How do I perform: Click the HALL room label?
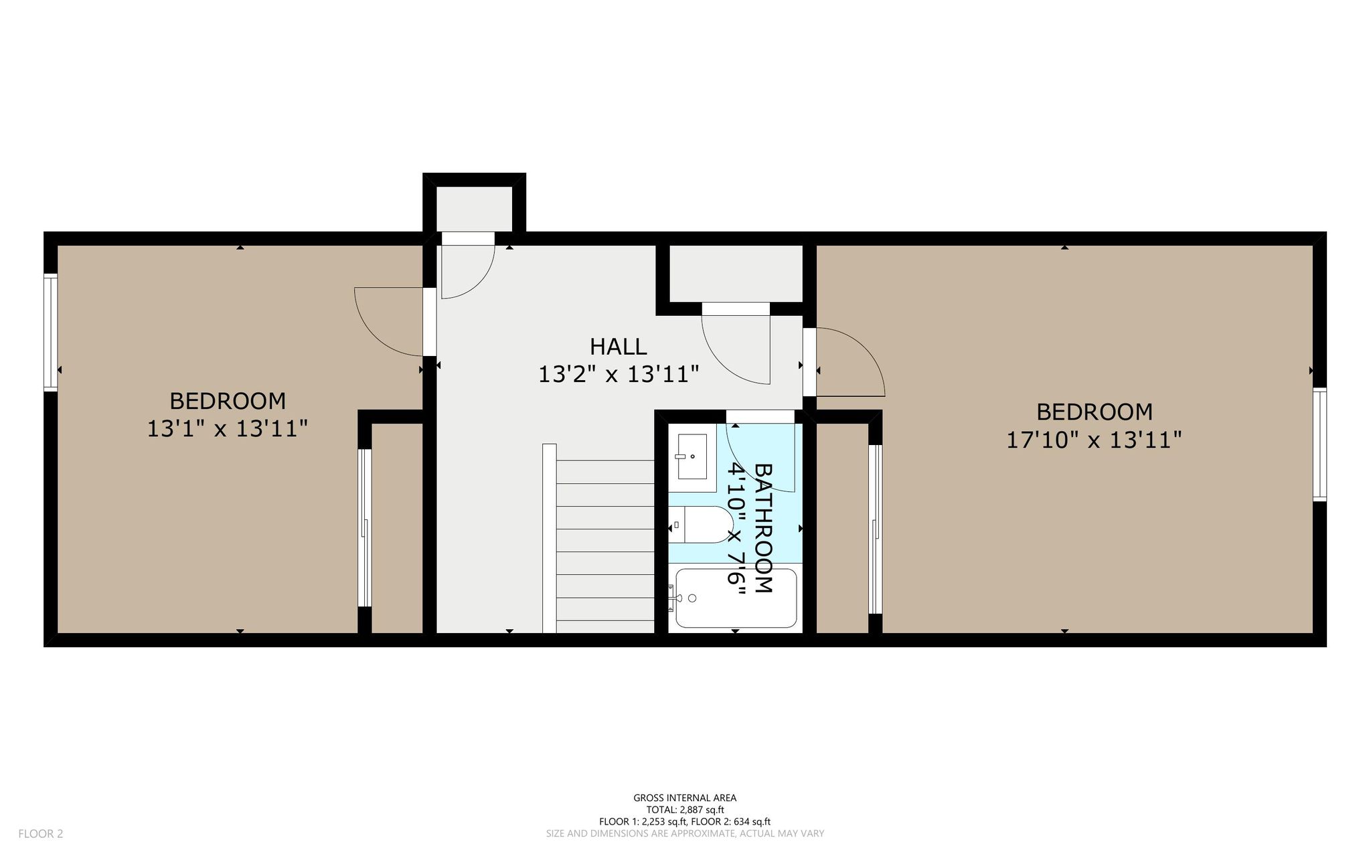618,347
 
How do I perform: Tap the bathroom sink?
692,456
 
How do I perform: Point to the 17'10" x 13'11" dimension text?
1094,440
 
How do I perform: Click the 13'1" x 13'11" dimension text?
227,429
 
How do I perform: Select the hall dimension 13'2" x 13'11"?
619,375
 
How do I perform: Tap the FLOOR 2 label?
41,834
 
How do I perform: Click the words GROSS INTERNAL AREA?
685,798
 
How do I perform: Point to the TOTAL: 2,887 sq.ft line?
685,810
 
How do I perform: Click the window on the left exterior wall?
50,333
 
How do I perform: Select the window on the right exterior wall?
1319,444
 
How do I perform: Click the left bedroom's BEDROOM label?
228,401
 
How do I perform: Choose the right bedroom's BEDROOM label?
1095,412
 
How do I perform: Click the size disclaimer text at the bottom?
685,834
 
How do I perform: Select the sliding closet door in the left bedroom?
364,527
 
